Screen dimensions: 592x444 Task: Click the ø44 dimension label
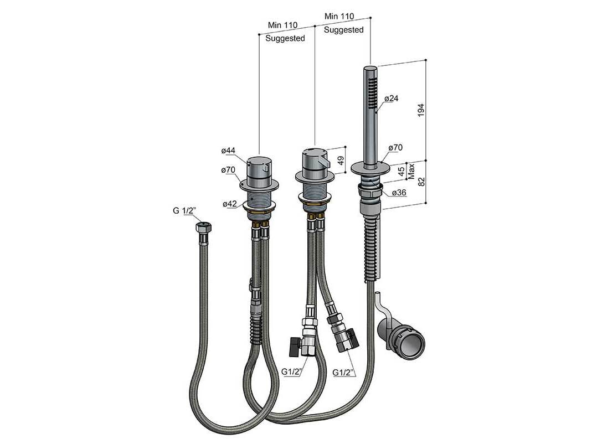click(228, 151)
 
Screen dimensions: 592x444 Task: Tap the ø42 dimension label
click(230, 204)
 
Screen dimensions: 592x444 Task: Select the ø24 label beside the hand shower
click(392, 99)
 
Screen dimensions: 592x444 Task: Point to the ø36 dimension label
click(399, 193)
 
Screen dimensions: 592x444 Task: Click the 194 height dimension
click(421, 110)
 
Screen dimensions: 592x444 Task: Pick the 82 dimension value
click(422, 182)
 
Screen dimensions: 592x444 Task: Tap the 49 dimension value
click(341, 161)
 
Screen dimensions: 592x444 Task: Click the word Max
click(411, 171)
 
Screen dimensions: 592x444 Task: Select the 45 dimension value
click(401, 171)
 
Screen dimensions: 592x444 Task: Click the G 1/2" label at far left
click(184, 211)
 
